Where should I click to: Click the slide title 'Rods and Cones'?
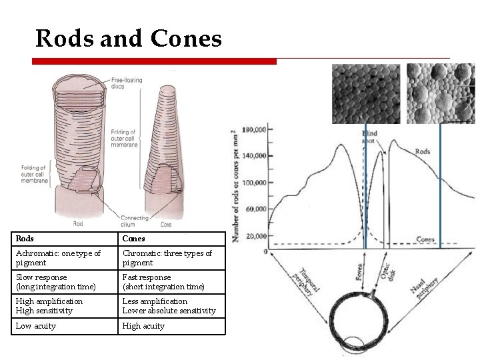128,38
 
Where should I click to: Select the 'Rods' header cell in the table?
65,239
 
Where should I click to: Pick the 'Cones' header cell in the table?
172,239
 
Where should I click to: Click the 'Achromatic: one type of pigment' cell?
65,258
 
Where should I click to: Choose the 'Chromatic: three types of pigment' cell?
172,258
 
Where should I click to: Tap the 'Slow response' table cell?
65,282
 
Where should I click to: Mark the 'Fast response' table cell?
172,282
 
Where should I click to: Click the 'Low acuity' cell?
65,326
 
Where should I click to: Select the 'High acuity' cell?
172,326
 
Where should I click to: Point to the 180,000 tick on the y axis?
253,129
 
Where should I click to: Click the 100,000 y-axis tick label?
253,183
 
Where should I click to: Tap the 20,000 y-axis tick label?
254,237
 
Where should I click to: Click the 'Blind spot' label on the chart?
369,137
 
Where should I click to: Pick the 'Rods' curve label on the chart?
423,151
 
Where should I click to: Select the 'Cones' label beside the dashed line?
425,239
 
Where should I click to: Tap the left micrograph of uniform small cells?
365,93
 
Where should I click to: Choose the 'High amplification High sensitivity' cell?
65,306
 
